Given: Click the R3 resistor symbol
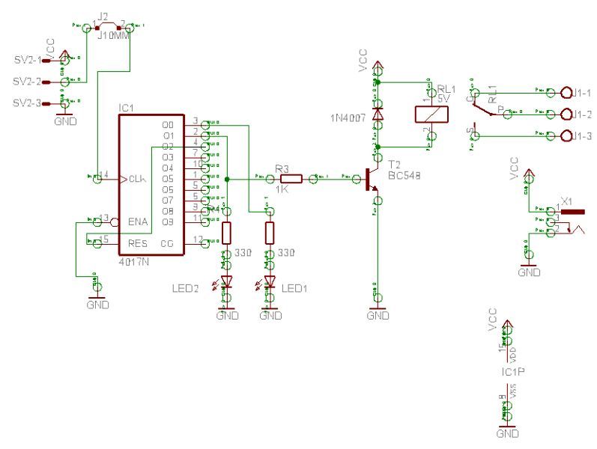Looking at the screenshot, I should pyautogui.click(x=291, y=178).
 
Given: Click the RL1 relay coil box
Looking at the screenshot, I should pyautogui.click(x=431, y=114).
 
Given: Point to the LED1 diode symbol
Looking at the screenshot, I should pyautogui.click(x=269, y=284).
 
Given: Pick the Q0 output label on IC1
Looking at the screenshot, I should pyautogui.click(x=168, y=125).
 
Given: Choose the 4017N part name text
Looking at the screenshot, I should pyautogui.click(x=136, y=263).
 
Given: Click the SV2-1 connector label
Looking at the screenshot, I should pyautogui.click(x=27, y=59).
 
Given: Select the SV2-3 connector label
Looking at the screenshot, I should pyautogui.click(x=27, y=103).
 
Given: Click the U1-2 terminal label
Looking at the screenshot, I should pyautogui.click(x=578, y=114).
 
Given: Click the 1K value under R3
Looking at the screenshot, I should pyautogui.click(x=281, y=191).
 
